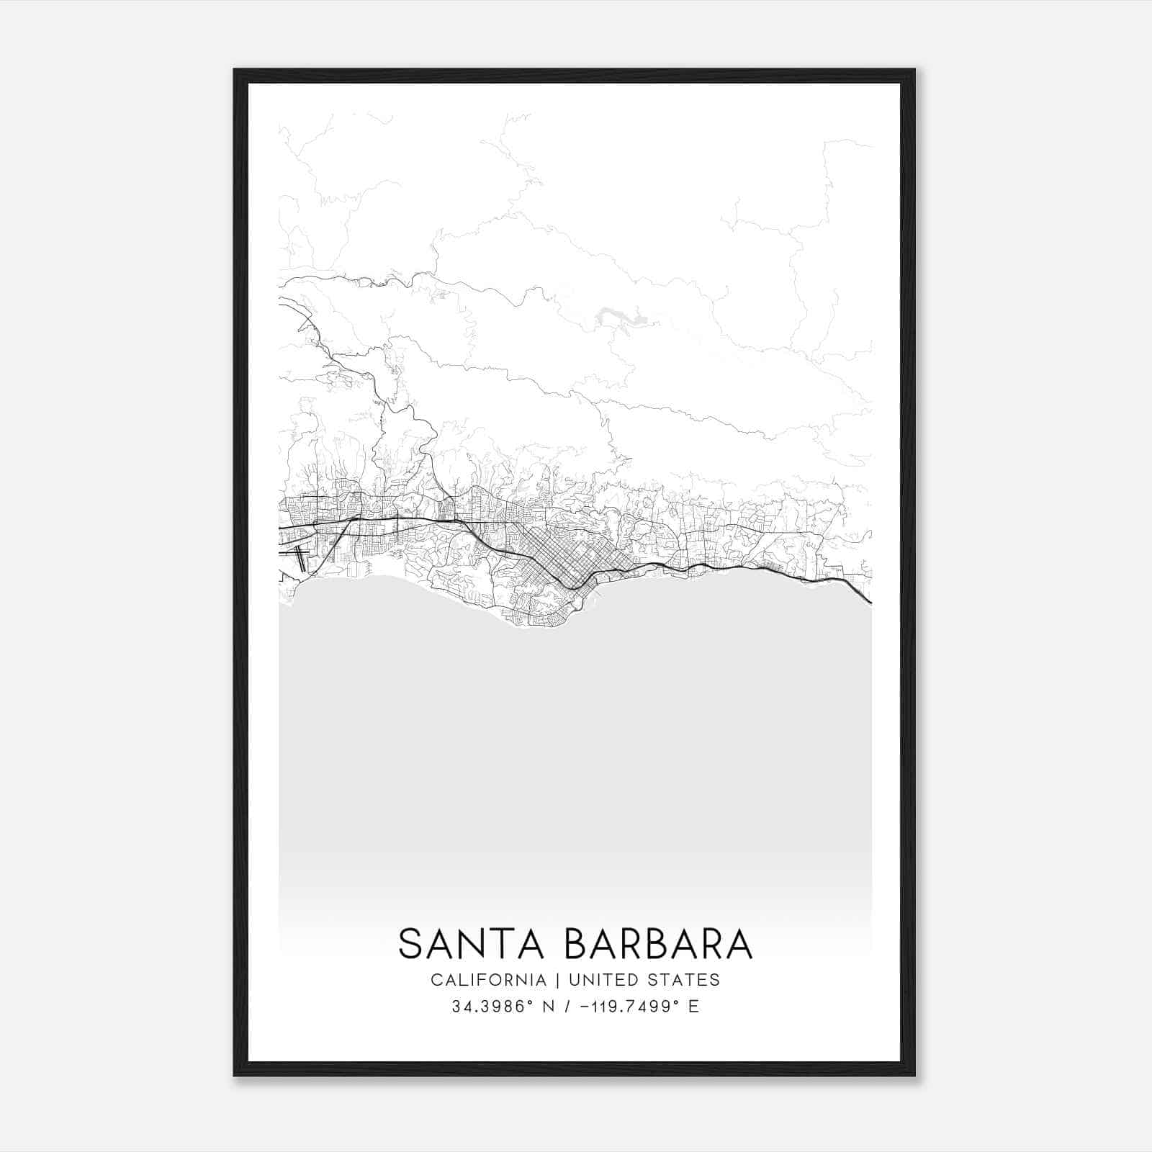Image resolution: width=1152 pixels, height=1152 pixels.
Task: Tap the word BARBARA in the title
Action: click(658, 944)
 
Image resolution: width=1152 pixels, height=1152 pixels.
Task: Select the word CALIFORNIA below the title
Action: click(488, 980)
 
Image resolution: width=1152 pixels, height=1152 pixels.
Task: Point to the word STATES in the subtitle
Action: click(688, 980)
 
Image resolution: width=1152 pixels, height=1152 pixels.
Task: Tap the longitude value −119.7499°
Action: click(624, 1007)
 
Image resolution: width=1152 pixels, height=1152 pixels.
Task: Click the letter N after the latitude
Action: click(549, 1007)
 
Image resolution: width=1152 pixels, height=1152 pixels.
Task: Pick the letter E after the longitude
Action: click(694, 1007)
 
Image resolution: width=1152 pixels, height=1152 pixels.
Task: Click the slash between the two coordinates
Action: click(568, 1007)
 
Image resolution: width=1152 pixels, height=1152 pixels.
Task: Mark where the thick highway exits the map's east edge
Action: click(869, 601)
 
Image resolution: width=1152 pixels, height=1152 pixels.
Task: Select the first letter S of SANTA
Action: click(410, 944)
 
